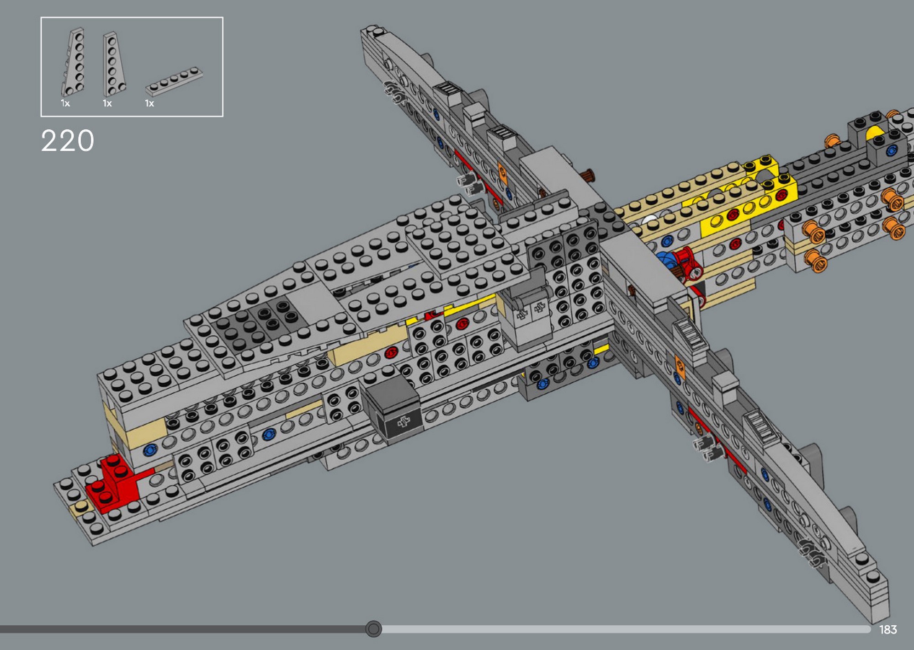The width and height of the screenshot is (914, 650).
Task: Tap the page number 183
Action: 887,630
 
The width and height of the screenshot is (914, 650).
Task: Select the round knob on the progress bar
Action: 373,629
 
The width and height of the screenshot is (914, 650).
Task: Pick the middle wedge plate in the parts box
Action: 113,64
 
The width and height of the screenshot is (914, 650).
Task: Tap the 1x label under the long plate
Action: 149,104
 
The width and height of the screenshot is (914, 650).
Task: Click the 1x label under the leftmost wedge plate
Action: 65,104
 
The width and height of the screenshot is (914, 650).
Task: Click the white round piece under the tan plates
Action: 649,222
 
